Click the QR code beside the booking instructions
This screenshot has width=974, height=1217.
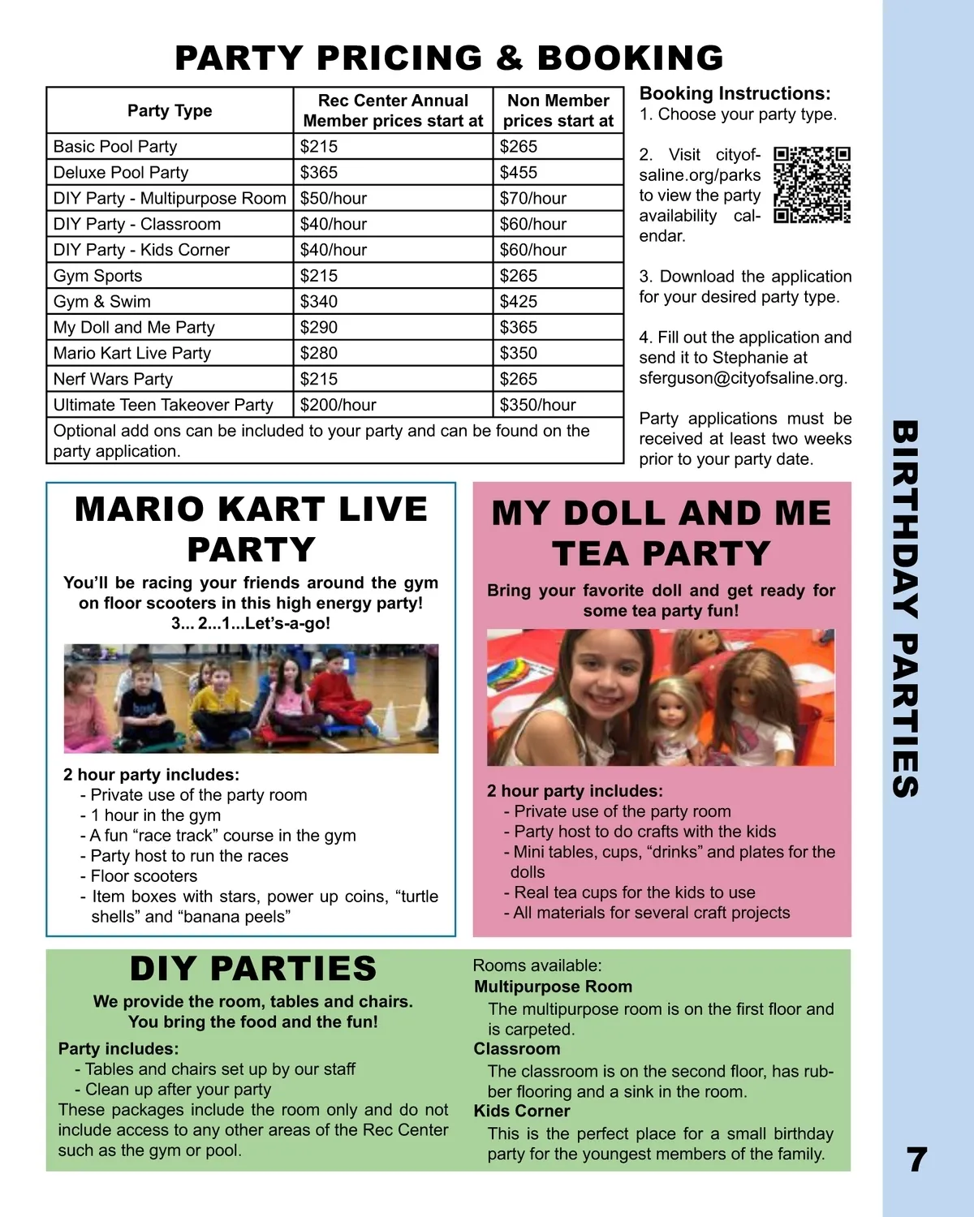point(812,185)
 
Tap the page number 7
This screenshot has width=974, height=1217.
point(916,1160)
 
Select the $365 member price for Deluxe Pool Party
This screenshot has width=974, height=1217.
point(319,173)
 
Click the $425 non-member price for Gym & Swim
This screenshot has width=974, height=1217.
point(519,302)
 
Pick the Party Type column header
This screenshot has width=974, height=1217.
point(170,111)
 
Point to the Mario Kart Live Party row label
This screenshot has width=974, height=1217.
point(132,354)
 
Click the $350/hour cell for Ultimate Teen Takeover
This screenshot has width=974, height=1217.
point(537,405)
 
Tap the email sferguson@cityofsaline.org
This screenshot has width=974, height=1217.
point(743,378)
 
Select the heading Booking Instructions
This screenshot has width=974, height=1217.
point(735,94)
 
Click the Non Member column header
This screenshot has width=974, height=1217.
point(558,111)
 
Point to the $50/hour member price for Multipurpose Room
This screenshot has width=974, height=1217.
point(334,199)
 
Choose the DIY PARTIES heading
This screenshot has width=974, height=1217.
point(253,969)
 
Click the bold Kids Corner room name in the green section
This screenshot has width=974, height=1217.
point(522,1112)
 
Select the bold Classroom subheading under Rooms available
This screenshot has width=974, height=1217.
point(517,1049)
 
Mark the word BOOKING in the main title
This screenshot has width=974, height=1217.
point(630,58)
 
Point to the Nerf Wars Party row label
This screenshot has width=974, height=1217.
point(113,380)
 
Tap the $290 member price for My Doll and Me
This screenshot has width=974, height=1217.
point(319,328)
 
